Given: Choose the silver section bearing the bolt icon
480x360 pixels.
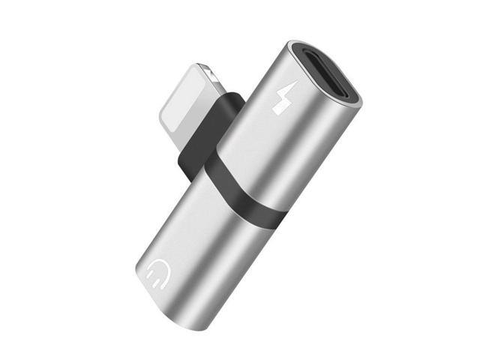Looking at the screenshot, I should (x=292, y=142).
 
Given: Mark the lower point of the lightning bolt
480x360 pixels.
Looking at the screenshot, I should (x=277, y=112).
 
